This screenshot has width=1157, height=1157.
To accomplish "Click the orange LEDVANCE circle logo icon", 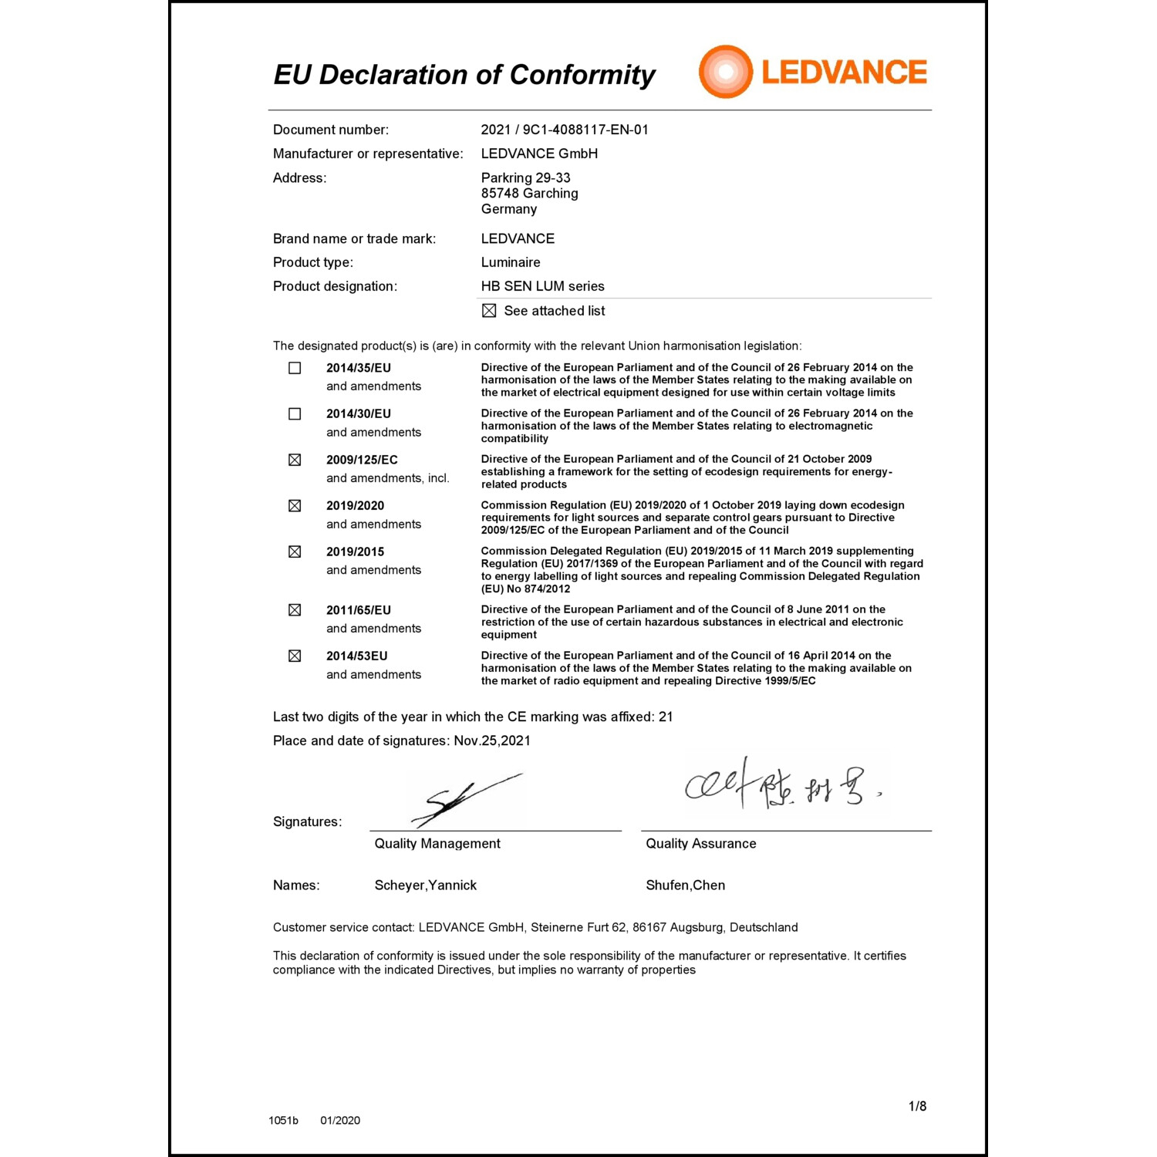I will click(725, 72).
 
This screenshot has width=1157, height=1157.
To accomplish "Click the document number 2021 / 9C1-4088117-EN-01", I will click(565, 130).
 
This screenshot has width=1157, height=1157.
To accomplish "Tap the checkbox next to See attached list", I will click(489, 311).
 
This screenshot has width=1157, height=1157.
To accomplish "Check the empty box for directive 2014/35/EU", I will click(295, 368).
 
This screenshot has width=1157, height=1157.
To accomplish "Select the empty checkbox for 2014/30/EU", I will click(295, 414).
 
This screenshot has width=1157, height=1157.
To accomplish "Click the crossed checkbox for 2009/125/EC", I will click(295, 460).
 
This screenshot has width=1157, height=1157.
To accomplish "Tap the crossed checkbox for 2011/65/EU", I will click(295, 610).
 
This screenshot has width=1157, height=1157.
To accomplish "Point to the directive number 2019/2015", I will click(355, 552).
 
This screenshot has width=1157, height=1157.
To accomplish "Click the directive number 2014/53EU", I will click(356, 656).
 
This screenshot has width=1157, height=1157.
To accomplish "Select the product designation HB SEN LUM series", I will click(542, 286).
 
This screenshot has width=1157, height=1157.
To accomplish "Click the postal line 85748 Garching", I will click(529, 194).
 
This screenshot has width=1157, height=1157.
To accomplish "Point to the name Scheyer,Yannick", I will click(425, 885).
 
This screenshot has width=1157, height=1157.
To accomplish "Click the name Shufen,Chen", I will click(685, 885).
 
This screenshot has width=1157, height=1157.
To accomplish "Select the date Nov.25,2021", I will click(492, 741).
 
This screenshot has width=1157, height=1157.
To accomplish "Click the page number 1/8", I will click(917, 1106).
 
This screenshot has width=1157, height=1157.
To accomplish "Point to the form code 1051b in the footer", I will click(283, 1121).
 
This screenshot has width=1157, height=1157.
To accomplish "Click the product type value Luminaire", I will click(511, 262).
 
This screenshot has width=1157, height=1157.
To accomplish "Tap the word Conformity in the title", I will click(582, 75).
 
